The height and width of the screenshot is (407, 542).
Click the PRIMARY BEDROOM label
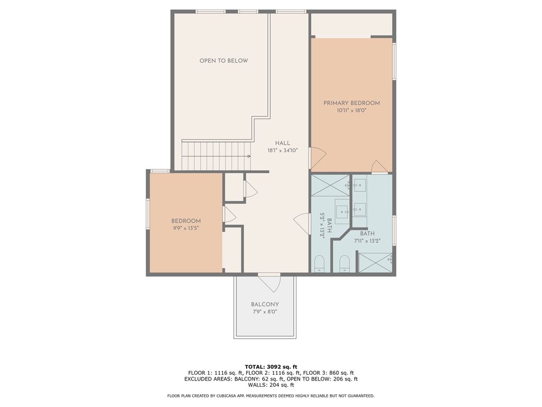click(351, 103)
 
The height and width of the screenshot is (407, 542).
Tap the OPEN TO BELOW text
click(223, 60)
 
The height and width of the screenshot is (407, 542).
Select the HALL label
click(282, 143)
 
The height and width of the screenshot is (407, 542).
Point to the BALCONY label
click(265, 304)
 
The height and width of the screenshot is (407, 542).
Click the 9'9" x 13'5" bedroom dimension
click(186, 228)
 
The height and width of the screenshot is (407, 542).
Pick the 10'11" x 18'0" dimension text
click(351, 111)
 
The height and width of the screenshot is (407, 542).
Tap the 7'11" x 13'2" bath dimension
click(367, 241)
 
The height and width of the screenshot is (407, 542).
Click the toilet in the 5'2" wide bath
click(319, 263)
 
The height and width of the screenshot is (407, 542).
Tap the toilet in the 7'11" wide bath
click(345, 263)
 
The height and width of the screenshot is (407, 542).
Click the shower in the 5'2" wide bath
click(330, 185)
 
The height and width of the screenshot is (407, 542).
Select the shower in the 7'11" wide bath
click(375, 262)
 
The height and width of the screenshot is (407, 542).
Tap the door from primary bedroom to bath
click(380, 167)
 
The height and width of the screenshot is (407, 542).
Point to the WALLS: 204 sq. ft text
click(270, 385)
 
